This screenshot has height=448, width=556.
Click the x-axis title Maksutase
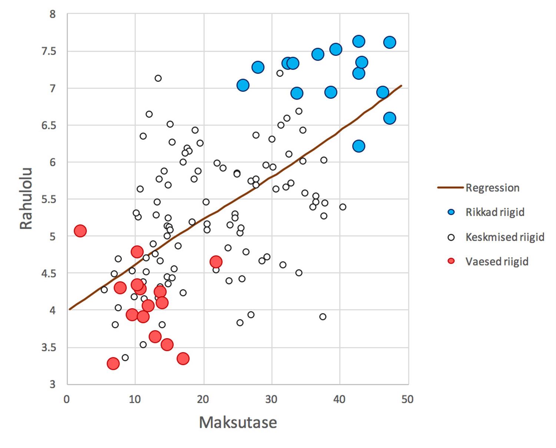click(238, 422)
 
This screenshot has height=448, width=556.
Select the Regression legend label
click(492, 188)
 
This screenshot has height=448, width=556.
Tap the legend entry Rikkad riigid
click(495, 212)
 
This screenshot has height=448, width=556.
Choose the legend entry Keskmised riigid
click(504, 237)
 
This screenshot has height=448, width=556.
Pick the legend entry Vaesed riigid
click(497, 262)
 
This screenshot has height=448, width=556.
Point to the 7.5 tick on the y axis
click(49, 51)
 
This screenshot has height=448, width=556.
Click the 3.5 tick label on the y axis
click(49, 348)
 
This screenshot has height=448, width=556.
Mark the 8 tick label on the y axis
click(52, 14)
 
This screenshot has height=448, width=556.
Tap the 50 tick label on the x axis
click(407, 399)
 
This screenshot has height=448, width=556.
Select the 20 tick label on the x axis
click(203, 399)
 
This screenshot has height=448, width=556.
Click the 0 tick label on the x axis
click(67, 399)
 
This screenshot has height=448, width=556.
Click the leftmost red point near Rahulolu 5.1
click(80, 231)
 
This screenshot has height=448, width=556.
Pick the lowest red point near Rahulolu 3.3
click(113, 364)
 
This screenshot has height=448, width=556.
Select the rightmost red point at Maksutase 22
click(216, 262)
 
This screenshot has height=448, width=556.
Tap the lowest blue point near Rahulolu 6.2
click(358, 146)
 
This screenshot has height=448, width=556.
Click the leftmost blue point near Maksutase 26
click(243, 85)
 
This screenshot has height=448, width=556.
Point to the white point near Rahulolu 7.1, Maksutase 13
click(158, 78)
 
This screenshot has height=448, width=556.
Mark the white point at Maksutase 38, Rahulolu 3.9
click(323, 317)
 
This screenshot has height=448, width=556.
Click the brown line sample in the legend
click(450, 188)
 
